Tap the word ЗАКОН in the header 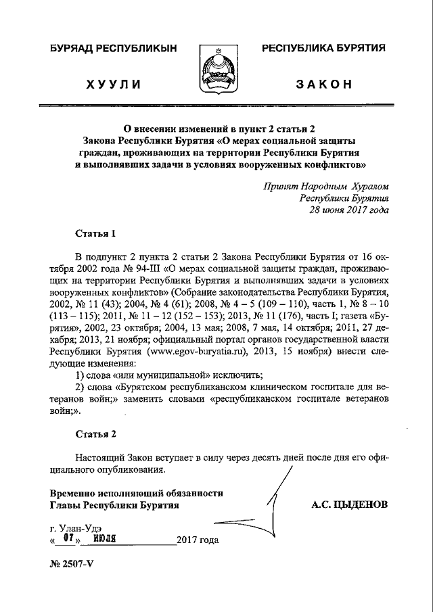point(324,84)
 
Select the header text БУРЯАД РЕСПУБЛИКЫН point(114,49)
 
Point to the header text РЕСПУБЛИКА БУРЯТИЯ point(324,49)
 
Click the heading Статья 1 point(95,233)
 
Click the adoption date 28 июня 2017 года point(349,210)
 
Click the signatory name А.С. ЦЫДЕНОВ point(350,504)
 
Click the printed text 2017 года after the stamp point(198,540)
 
